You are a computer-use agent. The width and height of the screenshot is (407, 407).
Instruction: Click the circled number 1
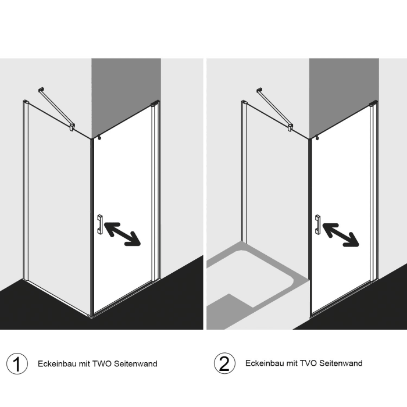click(x=17, y=364)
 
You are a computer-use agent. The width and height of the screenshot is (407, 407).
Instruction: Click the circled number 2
click(x=224, y=364)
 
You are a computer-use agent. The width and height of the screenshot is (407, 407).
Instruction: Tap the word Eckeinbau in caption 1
click(x=56, y=364)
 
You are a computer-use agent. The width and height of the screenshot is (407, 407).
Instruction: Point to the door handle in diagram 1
click(x=100, y=225)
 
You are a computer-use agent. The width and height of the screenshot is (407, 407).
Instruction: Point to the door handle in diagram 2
click(x=317, y=224)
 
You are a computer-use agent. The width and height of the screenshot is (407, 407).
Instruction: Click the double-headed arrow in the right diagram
click(x=341, y=234)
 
